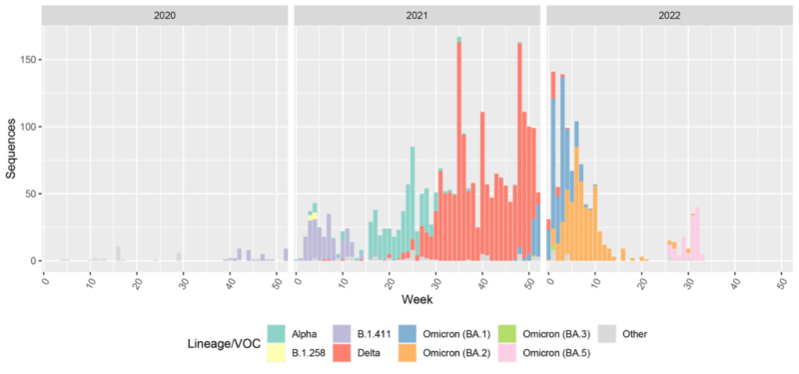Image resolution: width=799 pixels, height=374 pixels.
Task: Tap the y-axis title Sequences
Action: tap(11, 148)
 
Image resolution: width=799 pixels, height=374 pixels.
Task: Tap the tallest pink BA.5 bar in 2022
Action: tap(697, 234)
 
